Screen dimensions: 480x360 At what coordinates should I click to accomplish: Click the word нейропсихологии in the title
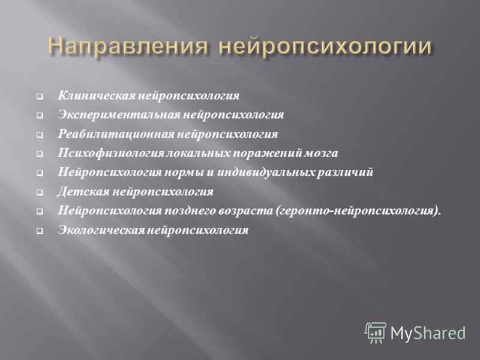pyautogui.click(x=325, y=47)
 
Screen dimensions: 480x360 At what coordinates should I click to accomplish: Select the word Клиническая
pyautogui.click(x=96, y=95)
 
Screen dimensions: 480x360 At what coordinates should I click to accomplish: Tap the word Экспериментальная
pyautogui.click(x=119, y=115)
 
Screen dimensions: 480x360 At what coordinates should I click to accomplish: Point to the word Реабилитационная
pyautogui.click(x=116, y=134)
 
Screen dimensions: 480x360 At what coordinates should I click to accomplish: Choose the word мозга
pyautogui.click(x=321, y=153)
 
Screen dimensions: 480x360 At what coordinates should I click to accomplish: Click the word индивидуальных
pyautogui.click(x=266, y=172)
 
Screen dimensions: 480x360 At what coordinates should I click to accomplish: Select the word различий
pyautogui.click(x=345, y=172)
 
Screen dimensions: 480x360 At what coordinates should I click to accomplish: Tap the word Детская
pyautogui.click(x=83, y=191)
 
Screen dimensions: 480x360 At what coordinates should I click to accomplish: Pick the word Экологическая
pyautogui.click(x=101, y=230)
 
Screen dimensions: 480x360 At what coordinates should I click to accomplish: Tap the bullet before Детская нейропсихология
pyautogui.click(x=40, y=193)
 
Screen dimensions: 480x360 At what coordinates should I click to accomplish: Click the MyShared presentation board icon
pyautogui.click(x=376, y=333)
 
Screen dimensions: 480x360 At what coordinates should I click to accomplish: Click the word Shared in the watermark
pyautogui.click(x=440, y=333)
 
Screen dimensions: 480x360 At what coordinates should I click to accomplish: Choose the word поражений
pyautogui.click(x=268, y=153)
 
